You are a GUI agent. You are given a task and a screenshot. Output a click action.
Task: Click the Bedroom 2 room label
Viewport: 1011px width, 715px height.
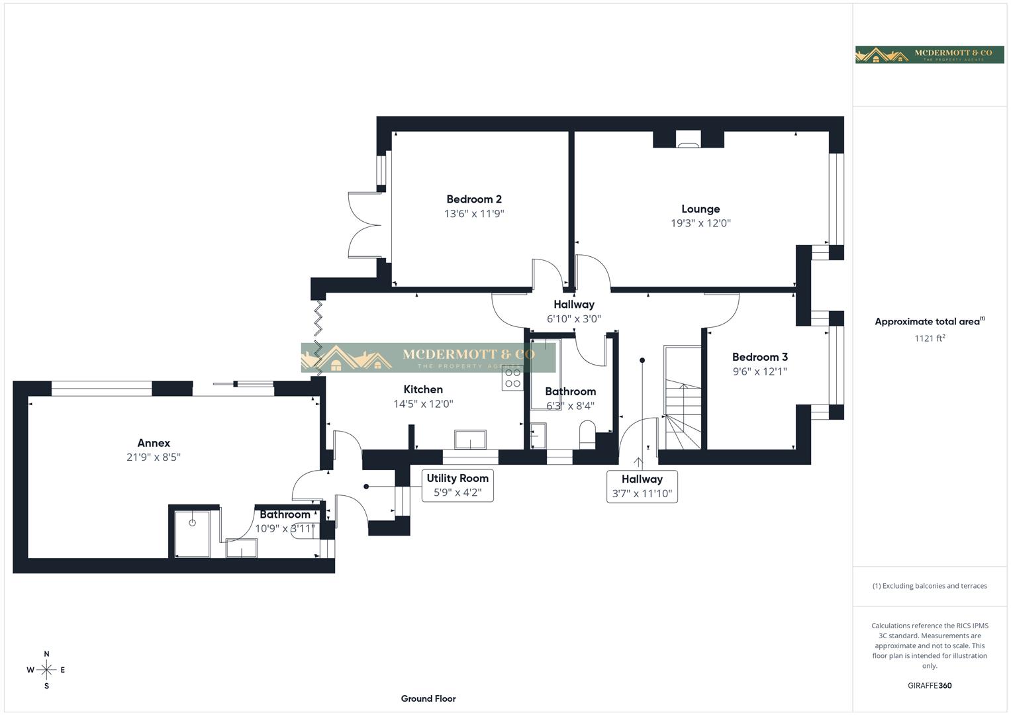coord(473,199)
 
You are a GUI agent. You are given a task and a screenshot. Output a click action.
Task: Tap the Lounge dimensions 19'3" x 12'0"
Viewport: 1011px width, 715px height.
coord(700,223)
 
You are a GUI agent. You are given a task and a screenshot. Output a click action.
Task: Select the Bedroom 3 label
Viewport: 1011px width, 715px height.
coord(759,357)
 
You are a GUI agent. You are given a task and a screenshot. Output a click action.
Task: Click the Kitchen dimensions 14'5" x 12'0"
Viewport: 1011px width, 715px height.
coord(423,404)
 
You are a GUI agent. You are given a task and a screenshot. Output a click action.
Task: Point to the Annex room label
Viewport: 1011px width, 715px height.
coord(154,443)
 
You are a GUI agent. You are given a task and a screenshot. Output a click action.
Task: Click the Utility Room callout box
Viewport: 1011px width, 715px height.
coord(457,485)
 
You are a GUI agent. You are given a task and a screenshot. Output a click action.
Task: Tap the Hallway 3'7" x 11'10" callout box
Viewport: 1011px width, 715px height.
coord(642,486)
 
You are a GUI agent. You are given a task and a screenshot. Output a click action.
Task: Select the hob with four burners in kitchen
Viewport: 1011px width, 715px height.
coord(513,378)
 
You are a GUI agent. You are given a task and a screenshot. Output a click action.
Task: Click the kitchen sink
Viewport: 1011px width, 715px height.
coord(470,439)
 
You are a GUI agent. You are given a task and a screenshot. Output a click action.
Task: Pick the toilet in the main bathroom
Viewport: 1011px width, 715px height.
coord(587,434)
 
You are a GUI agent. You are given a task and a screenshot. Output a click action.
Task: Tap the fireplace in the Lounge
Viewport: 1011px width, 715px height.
coord(688,138)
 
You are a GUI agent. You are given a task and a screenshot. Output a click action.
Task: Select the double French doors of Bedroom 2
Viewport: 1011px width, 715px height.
coord(364,225)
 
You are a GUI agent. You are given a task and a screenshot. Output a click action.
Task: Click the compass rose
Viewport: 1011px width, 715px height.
coord(46,670)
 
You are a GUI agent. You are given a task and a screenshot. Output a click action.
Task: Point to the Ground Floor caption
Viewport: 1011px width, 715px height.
coord(428,698)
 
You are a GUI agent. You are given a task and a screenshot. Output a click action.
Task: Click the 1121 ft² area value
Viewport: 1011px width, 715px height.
coord(930,338)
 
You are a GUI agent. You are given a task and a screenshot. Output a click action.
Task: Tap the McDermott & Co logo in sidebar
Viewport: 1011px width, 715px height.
coord(930,54)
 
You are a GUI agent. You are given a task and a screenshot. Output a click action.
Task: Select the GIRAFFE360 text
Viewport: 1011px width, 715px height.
coord(930,686)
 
